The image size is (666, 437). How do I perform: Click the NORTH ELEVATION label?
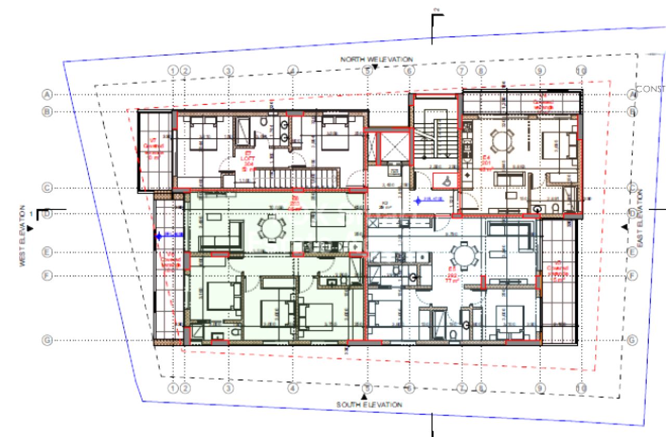(377, 59)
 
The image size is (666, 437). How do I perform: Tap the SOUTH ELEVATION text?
(369, 404)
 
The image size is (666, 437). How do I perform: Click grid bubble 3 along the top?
(227, 70)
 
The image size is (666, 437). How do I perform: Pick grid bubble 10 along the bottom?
(582, 388)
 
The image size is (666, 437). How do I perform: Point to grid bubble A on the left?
(47, 95)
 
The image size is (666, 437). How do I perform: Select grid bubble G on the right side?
(632, 340)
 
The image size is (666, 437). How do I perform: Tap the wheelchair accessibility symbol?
(444, 179)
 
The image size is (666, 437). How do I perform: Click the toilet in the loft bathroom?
(263, 122)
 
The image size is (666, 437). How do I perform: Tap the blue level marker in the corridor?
(418, 199)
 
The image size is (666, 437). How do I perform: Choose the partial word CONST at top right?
(650, 89)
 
